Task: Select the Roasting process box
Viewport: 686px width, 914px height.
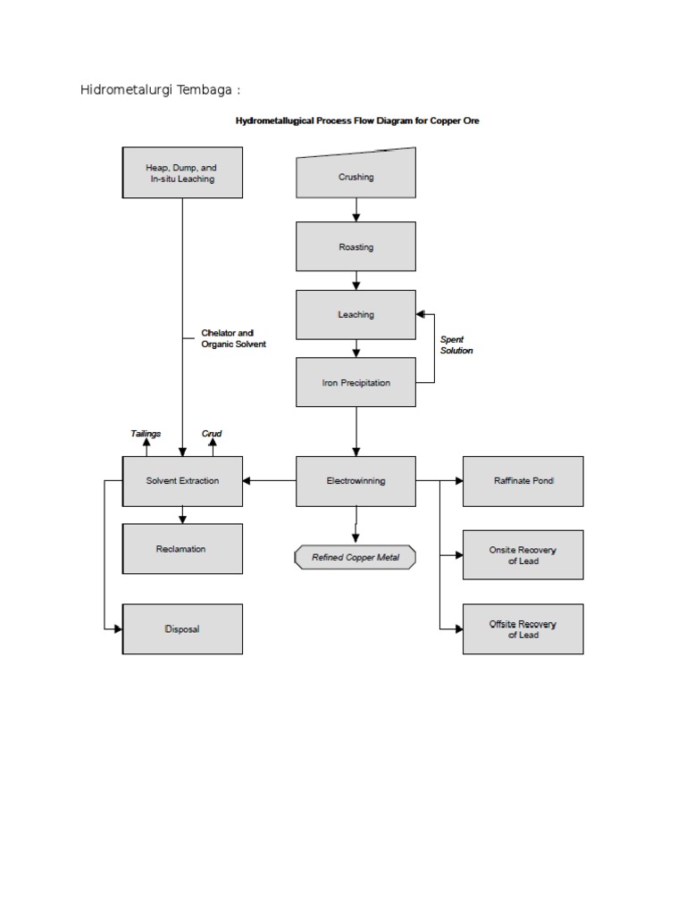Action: (x=356, y=246)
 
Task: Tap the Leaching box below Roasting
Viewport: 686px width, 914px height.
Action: (x=356, y=314)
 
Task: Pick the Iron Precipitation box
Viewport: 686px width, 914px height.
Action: (x=356, y=382)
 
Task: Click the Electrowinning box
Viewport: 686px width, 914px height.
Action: (x=356, y=480)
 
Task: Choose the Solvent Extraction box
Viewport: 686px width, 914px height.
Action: (x=182, y=480)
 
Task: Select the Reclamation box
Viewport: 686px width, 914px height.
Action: (x=182, y=549)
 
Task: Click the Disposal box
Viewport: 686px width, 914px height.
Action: (x=182, y=628)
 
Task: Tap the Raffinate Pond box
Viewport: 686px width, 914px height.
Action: (x=523, y=480)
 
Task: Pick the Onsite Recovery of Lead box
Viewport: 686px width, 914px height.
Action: (x=523, y=554)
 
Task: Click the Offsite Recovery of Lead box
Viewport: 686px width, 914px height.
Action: (x=523, y=628)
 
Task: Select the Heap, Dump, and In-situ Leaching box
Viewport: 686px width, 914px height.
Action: (x=182, y=172)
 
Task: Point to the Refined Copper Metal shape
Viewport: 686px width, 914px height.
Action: (x=355, y=558)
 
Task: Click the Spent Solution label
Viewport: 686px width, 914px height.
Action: (x=456, y=345)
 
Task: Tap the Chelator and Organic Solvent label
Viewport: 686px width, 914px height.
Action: (x=233, y=338)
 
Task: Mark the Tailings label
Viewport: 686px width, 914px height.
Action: (x=146, y=434)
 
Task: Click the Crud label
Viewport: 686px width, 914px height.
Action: (x=212, y=434)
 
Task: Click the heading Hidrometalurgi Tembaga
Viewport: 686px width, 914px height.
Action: (x=161, y=90)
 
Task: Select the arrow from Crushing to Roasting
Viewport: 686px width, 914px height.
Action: (x=356, y=209)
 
